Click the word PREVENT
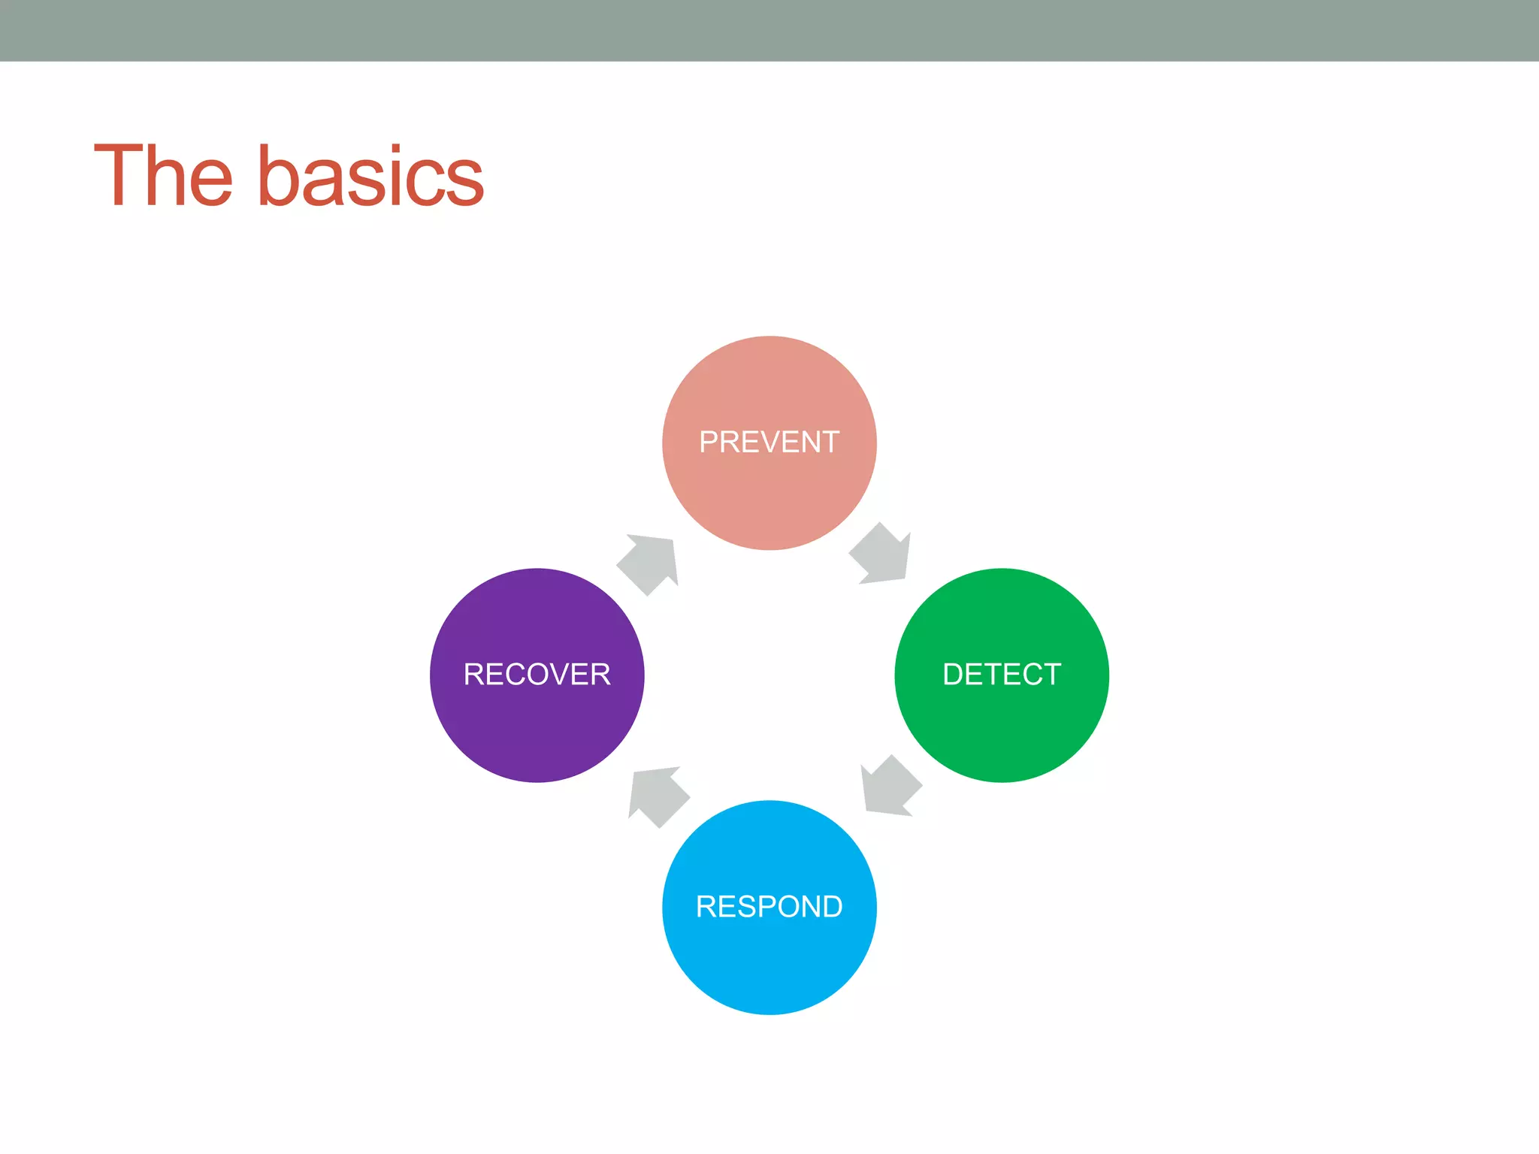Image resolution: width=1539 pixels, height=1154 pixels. pyautogui.click(x=769, y=442)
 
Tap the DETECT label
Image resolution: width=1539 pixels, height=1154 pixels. pyautogui.click(x=1002, y=674)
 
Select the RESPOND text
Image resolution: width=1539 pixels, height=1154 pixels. pyautogui.click(x=769, y=906)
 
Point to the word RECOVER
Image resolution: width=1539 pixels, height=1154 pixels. pyautogui.click(x=537, y=674)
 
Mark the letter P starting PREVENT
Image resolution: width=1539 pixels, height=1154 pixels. pyautogui.click(x=709, y=442)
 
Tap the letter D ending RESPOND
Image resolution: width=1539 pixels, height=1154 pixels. pyautogui.click(x=831, y=906)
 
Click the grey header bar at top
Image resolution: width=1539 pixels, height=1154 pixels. pyautogui.click(x=769, y=30)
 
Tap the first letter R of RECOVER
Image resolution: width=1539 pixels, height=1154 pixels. pyautogui.click(x=473, y=674)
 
